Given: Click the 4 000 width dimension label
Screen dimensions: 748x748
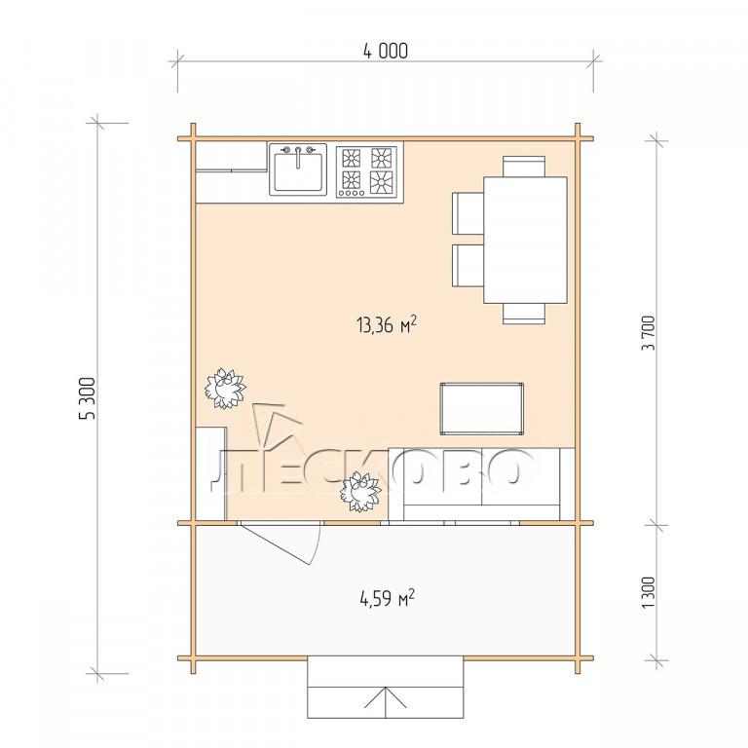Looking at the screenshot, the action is pyautogui.click(x=386, y=51).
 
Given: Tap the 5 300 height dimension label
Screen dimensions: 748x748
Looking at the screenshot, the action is pyautogui.click(x=88, y=398).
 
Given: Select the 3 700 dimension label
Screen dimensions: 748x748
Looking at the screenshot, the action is pyautogui.click(x=649, y=333).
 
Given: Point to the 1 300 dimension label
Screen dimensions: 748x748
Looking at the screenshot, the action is pyautogui.click(x=649, y=592).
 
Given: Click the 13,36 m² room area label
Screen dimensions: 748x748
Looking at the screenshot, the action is pyautogui.click(x=387, y=325).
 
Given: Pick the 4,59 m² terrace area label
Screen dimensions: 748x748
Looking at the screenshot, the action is pyautogui.click(x=387, y=598).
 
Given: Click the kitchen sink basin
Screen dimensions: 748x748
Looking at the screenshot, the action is pyautogui.click(x=298, y=169).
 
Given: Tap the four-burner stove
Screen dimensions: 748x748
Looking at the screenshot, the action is pyautogui.click(x=366, y=171).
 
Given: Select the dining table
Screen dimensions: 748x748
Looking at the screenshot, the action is pyautogui.click(x=525, y=240).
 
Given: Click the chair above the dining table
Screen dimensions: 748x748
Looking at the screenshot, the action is pyautogui.click(x=524, y=166).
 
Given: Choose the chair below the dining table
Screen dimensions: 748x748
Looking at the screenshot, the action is pyautogui.click(x=524, y=314).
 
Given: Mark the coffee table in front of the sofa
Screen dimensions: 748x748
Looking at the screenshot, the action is pyautogui.click(x=482, y=409).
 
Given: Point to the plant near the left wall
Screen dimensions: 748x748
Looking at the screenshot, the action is pyautogui.click(x=225, y=389).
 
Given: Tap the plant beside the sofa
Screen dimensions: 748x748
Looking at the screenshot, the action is pyautogui.click(x=360, y=492).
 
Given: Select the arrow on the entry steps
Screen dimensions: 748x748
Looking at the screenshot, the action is pyautogui.click(x=385, y=702).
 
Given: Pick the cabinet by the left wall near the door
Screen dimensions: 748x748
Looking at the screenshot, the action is pyautogui.click(x=211, y=473).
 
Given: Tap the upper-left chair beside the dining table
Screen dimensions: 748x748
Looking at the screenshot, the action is pyautogui.click(x=467, y=213).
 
